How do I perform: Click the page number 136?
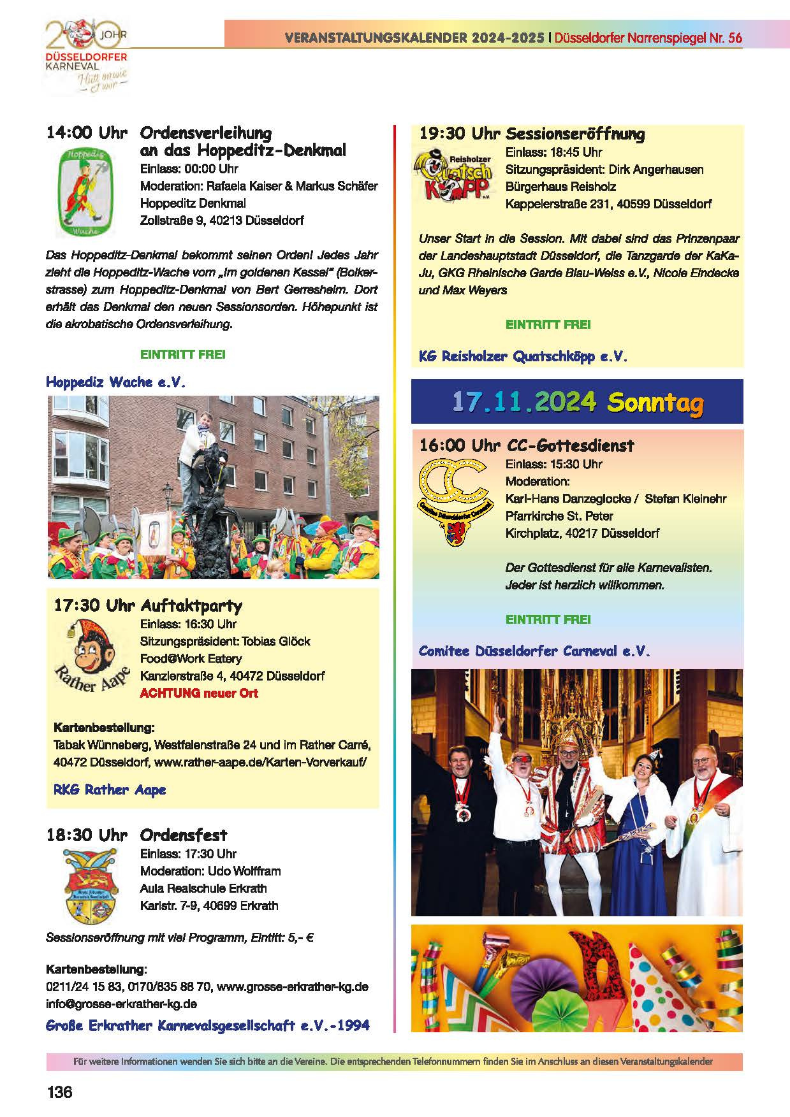click(x=59, y=1092)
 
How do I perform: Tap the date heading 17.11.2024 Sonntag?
click(x=577, y=402)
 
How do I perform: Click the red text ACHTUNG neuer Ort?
click(x=199, y=693)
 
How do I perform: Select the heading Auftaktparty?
click(x=191, y=605)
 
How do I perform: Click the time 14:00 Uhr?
click(x=87, y=133)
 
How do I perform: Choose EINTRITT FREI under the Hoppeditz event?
click(x=182, y=354)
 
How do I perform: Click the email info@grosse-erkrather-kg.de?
click(x=121, y=1004)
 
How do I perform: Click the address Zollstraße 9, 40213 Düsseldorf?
click(x=222, y=220)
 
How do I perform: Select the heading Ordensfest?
click(x=184, y=835)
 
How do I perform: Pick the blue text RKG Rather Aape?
click(x=110, y=789)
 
